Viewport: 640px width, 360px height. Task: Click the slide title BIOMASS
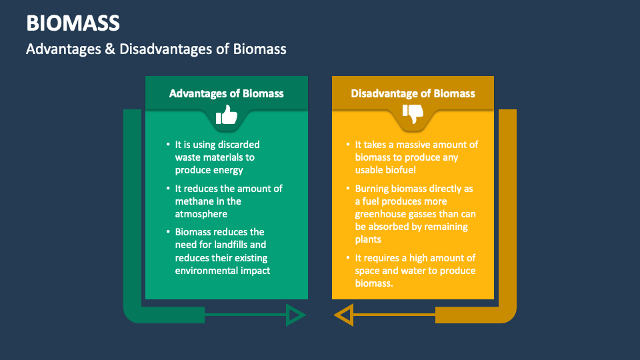point(73,23)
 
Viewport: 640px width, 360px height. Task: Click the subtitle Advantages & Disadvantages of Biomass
point(156,49)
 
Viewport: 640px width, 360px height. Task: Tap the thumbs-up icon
point(227,115)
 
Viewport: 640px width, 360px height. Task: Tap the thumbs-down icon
point(413,115)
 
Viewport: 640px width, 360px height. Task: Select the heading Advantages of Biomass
point(226,93)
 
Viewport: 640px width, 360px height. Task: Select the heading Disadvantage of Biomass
point(413,93)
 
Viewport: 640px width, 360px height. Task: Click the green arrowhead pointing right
point(295,314)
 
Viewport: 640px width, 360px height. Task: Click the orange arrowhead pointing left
point(344,314)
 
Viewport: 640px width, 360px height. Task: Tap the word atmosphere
point(201,214)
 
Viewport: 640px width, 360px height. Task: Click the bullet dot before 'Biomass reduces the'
point(167,232)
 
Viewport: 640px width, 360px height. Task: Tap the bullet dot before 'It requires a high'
point(347,258)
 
